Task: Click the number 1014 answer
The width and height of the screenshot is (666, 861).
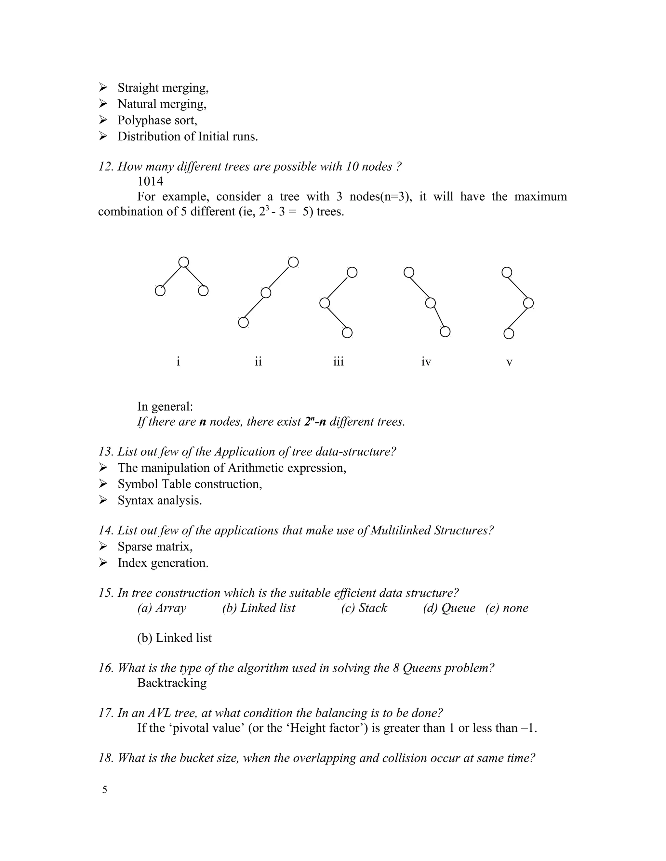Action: click(x=150, y=181)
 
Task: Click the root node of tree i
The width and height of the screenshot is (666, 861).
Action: click(x=183, y=262)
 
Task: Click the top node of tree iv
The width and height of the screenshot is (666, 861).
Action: click(x=409, y=272)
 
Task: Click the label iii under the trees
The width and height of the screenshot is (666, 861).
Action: click(x=338, y=362)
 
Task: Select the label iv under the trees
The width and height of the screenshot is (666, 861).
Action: click(x=426, y=362)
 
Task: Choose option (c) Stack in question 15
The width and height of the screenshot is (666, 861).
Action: click(x=364, y=608)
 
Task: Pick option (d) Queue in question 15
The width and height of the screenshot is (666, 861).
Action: click(x=449, y=608)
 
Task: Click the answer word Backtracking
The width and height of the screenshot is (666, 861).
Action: click(x=172, y=683)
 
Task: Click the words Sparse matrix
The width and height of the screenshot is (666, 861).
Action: click(x=155, y=546)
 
